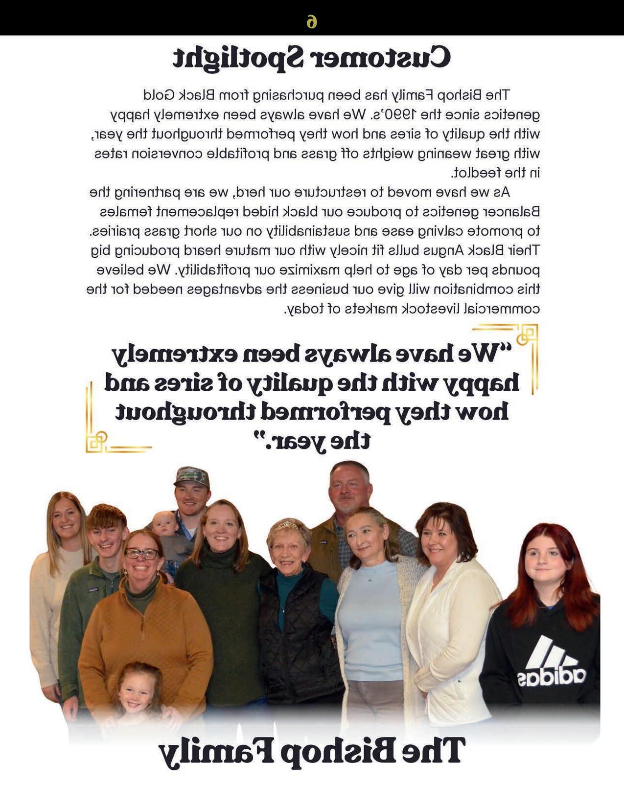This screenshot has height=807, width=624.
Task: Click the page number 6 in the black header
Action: click(312, 22)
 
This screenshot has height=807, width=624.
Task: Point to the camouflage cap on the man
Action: click(192, 476)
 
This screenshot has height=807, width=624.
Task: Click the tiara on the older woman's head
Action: click(288, 525)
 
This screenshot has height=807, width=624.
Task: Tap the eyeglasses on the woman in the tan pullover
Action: click(141, 554)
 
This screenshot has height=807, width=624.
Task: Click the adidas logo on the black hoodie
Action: click(551, 664)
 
